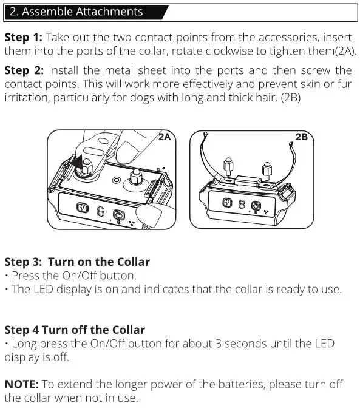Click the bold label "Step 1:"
point(22,37)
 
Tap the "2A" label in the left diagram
point(165,137)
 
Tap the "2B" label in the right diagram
point(301,137)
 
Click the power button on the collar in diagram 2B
point(256,205)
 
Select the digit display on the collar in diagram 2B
point(241,205)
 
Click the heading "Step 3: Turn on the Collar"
point(77,262)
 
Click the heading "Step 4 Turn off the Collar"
point(75,330)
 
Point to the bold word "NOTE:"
point(22,384)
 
